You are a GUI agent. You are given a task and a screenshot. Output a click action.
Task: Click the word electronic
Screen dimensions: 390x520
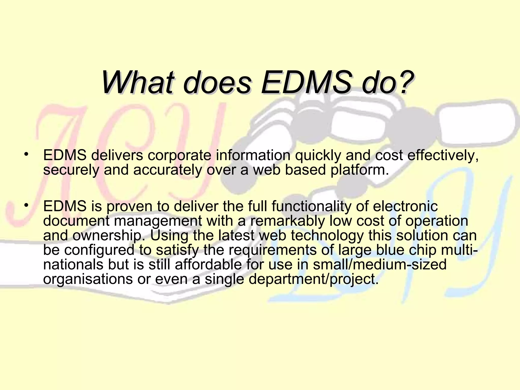point(405,206)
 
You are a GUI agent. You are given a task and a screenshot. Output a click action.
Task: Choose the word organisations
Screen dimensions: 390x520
point(88,279)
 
